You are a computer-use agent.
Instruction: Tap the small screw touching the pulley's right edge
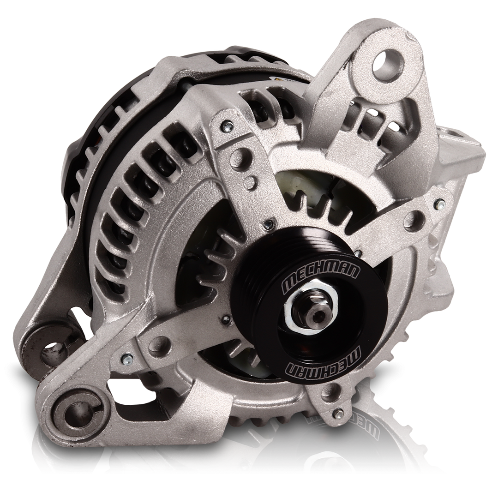pos(358,252)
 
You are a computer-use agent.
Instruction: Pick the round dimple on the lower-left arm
pos(159,343)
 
